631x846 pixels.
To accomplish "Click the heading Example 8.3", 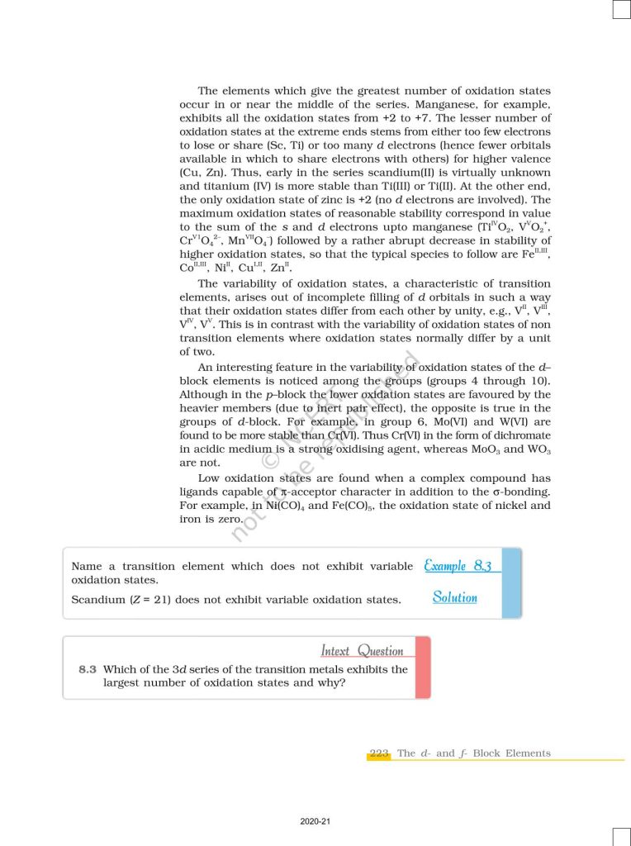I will pyautogui.click(x=458, y=566).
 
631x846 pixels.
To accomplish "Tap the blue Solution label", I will pyautogui.click(x=454, y=597).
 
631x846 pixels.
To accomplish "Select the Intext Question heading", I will pyautogui.click(x=362, y=651).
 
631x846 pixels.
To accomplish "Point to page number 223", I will pyautogui.click(x=379, y=753).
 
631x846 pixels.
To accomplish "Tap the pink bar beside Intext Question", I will pyautogui.click(x=422, y=667).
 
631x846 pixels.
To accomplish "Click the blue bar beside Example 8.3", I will pyautogui.click(x=513, y=582).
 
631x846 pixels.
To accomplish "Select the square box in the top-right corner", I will pyautogui.click(x=621, y=9).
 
